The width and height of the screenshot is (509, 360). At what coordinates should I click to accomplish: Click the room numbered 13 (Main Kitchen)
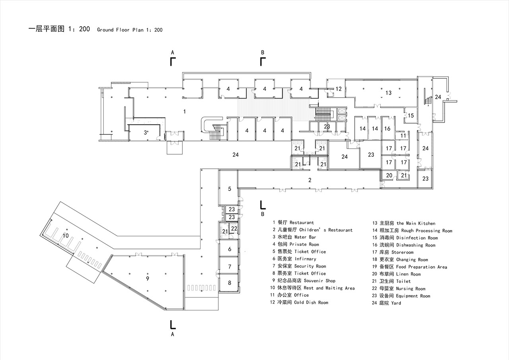(x=388, y=93)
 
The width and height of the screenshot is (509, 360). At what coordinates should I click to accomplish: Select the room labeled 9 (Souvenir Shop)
(x=147, y=278)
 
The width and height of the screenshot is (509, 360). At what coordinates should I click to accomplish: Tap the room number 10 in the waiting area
(x=66, y=235)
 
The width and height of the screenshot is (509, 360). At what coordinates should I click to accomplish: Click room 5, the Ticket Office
(x=229, y=189)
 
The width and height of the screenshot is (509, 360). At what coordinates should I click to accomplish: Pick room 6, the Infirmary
(x=229, y=249)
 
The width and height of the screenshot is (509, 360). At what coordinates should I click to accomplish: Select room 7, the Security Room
(x=229, y=266)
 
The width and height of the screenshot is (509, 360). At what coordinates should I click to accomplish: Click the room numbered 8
(x=229, y=283)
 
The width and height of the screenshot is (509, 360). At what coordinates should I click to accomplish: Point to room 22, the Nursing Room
(x=234, y=228)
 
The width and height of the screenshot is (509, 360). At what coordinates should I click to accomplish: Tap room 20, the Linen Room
(x=389, y=175)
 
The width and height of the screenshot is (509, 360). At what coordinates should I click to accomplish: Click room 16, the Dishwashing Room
(x=387, y=128)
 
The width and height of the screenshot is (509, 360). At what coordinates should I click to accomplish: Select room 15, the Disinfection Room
(x=411, y=115)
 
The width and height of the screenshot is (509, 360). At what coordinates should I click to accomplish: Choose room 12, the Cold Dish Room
(x=338, y=89)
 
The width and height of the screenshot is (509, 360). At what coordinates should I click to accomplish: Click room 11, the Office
(x=403, y=136)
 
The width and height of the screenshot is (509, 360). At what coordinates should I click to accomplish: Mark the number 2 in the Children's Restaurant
(x=310, y=180)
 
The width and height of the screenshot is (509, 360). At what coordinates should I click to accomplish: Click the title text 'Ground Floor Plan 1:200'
(x=130, y=30)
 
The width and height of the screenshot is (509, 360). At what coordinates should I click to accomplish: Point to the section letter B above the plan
(x=262, y=52)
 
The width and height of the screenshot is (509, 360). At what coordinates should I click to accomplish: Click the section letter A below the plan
(x=173, y=335)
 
